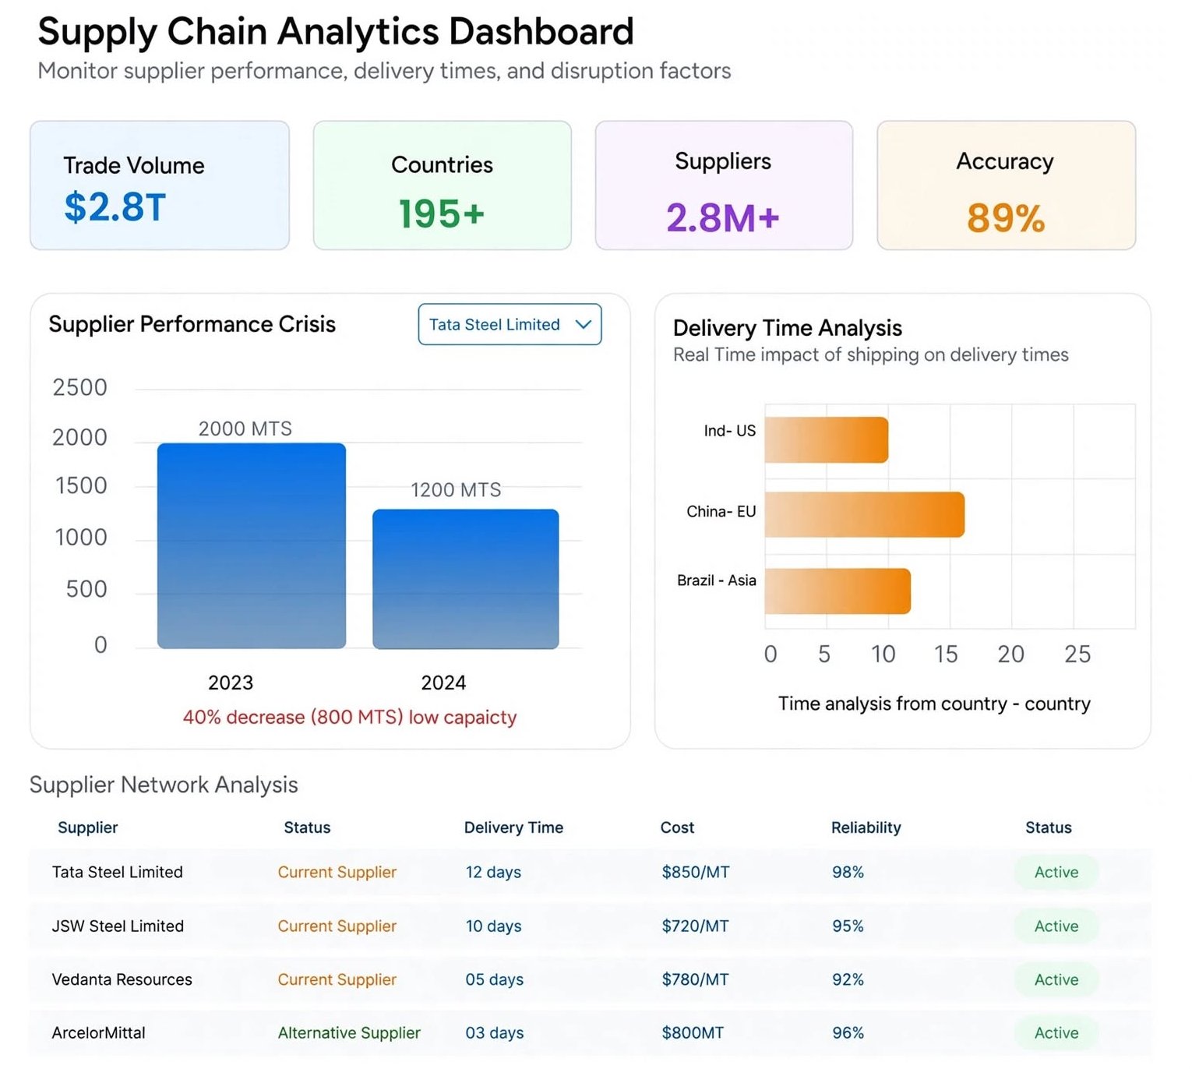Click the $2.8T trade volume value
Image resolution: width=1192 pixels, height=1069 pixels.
click(x=115, y=207)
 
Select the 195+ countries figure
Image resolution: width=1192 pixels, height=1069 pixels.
click(x=441, y=213)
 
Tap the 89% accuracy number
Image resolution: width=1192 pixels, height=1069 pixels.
click(x=1006, y=217)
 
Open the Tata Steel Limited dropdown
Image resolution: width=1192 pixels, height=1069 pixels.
click(x=510, y=324)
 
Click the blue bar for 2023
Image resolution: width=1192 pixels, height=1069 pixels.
click(x=251, y=546)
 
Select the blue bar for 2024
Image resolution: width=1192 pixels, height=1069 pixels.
click(x=465, y=579)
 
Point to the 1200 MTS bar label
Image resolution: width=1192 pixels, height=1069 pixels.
click(x=456, y=489)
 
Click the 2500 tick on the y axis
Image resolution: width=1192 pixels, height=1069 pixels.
click(x=79, y=387)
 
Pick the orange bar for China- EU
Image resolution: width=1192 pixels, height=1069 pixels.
click(x=864, y=514)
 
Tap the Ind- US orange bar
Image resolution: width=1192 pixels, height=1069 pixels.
click(x=826, y=439)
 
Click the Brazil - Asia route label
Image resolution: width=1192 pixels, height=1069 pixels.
click(x=716, y=580)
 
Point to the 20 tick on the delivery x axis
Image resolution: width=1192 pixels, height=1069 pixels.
click(x=1010, y=654)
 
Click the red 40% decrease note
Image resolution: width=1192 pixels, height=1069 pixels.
click(x=350, y=717)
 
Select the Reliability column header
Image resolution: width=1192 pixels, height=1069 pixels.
click(x=866, y=827)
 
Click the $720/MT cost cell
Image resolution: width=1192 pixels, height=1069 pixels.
click(x=695, y=926)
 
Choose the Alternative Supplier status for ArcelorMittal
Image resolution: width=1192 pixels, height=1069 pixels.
click(x=349, y=1032)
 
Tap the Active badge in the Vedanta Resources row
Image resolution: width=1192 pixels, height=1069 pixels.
click(x=1056, y=979)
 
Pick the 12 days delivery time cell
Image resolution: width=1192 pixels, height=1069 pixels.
click(x=493, y=872)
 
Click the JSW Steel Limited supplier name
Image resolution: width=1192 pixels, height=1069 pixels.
click(x=118, y=926)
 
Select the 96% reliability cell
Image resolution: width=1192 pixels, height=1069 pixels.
click(x=848, y=1032)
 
